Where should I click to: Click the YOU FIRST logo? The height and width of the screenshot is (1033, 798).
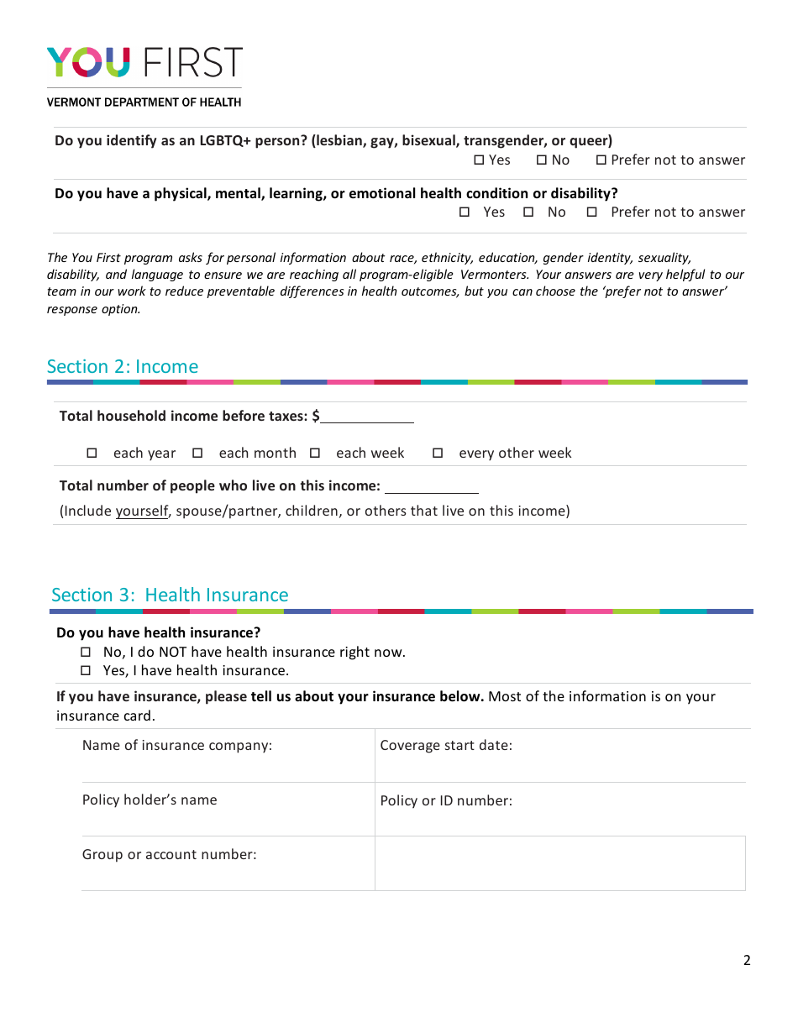pyautogui.click(x=144, y=63)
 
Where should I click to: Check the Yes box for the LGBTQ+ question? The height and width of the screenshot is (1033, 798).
pyautogui.click(x=480, y=160)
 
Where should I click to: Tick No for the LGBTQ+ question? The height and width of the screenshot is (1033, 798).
pyautogui.click(x=542, y=160)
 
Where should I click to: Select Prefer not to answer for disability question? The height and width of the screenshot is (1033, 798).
pyautogui.click(x=591, y=212)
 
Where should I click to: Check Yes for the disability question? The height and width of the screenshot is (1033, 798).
pyautogui.click(x=465, y=212)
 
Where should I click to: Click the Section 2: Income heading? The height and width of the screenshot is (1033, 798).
pyautogui.click(x=123, y=366)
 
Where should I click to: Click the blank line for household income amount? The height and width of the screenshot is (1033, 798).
pyautogui.click(x=367, y=416)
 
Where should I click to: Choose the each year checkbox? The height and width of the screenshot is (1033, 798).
pyautogui.click(x=92, y=454)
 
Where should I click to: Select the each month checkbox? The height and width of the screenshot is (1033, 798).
pyautogui.click(x=197, y=454)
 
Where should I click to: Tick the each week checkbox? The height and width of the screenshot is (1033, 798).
pyautogui.click(x=315, y=454)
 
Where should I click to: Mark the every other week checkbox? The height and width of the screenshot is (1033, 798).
pyautogui.click(x=438, y=454)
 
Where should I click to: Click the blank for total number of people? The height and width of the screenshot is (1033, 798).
pyautogui.click(x=431, y=486)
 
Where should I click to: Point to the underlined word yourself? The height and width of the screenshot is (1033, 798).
pyautogui.click(x=142, y=511)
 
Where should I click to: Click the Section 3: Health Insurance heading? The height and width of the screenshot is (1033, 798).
pyautogui.click(x=170, y=595)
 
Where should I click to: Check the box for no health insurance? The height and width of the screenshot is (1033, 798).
pyautogui.click(x=85, y=653)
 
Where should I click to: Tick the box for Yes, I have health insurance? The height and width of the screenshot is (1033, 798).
pyautogui.click(x=85, y=671)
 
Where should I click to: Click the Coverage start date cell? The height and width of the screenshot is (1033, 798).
pyautogui.click(x=559, y=755)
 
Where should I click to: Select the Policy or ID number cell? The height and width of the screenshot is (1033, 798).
pyautogui.click(x=559, y=810)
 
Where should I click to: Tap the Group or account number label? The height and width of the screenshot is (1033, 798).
pyautogui.click(x=169, y=854)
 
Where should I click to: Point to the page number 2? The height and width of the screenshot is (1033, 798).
pyautogui.click(x=747, y=961)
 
